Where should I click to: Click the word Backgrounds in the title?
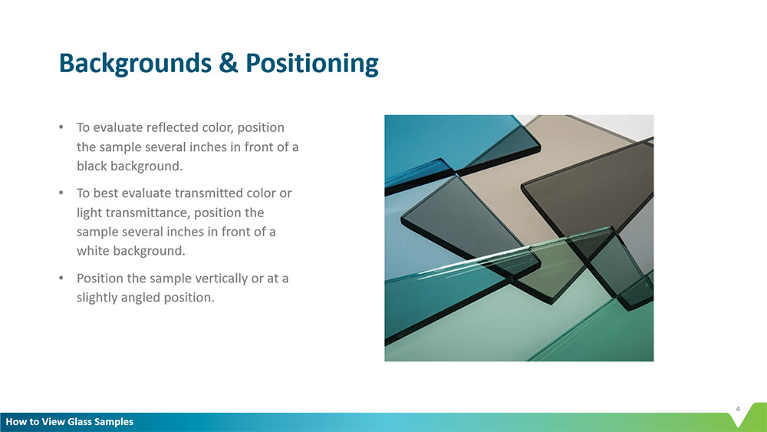pos(135,64)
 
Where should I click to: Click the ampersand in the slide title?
pos(229,63)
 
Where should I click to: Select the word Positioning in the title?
pos(312,64)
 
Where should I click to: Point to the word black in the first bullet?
pos(92,166)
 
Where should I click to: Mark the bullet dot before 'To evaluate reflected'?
pos(61,127)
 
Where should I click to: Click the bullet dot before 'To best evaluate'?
pos(61,193)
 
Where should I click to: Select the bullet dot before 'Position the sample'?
pos(61,278)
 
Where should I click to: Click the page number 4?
pos(738,409)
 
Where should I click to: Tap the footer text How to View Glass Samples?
pos(70,422)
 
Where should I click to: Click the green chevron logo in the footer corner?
pos(748,416)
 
